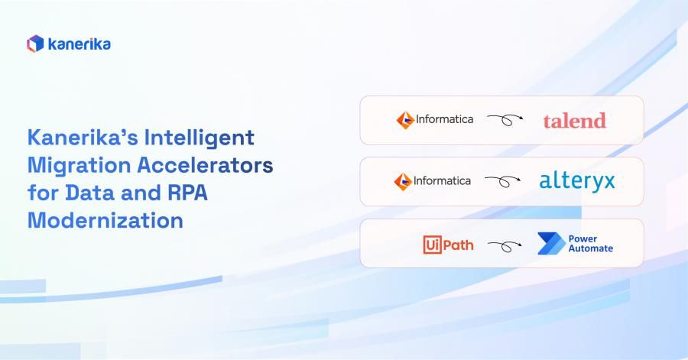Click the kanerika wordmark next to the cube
(79, 44)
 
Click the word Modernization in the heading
(105, 221)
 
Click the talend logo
(574, 120)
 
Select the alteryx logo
(576, 182)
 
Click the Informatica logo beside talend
(434, 120)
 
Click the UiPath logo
(448, 245)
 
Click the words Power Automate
(590, 244)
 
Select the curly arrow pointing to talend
(505, 120)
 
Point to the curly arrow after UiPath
(505, 245)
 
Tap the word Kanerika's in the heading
(77, 139)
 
